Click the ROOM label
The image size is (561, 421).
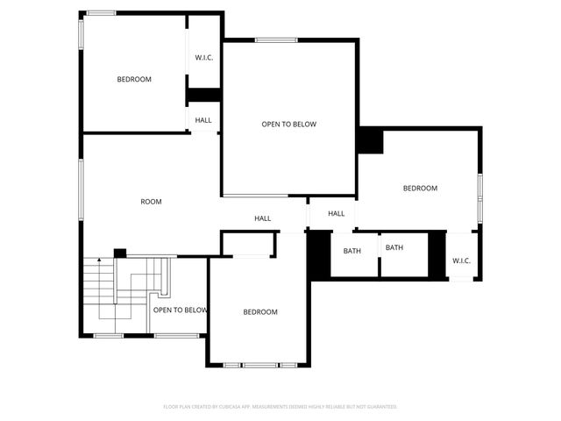click(152, 202)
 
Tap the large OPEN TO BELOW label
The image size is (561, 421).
click(288, 125)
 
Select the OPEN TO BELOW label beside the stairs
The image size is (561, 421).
click(181, 310)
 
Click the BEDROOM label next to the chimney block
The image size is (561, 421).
click(420, 188)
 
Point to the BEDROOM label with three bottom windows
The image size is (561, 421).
click(260, 312)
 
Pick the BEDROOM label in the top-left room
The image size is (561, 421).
click(134, 80)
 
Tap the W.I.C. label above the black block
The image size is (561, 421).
click(203, 58)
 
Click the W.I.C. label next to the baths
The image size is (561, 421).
click(462, 260)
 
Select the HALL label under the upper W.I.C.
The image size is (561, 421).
click(203, 120)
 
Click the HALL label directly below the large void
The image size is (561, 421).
click(263, 218)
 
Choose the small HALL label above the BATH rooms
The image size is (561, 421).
click(337, 213)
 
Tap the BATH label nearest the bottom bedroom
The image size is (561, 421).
click(352, 251)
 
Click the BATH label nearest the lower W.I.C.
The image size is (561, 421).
click(394, 247)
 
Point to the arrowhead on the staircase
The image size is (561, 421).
click(100, 260)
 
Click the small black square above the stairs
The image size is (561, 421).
click(120, 253)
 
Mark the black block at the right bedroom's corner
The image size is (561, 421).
click(370, 141)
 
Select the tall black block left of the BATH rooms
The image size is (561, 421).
click(317, 254)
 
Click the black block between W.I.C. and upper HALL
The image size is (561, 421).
click(203, 96)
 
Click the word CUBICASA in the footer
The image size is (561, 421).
click(235, 407)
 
